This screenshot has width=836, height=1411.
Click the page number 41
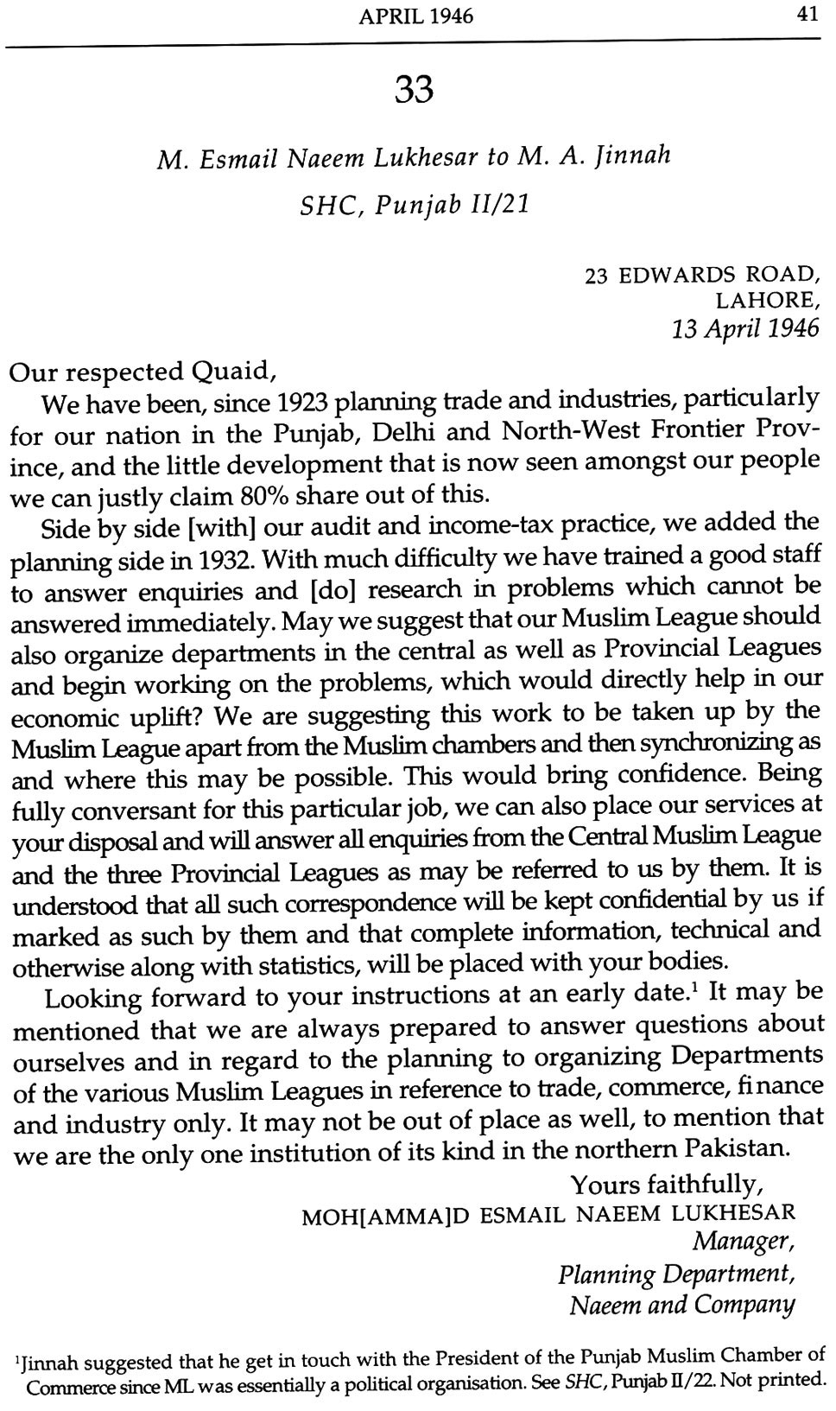point(808,17)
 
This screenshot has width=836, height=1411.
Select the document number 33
point(414,89)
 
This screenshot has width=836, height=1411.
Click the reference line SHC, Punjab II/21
point(414,206)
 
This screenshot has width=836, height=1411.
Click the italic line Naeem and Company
point(681,1304)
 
